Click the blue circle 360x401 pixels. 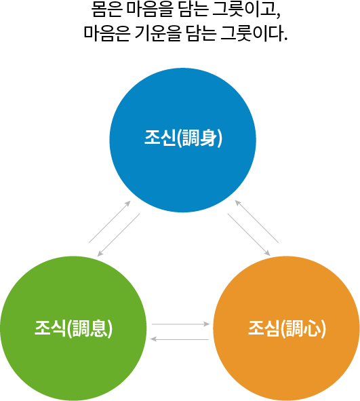coord(182,140)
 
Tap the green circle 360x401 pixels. coord(73,328)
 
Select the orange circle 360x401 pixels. coord(286,328)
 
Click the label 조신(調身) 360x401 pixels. coord(183,138)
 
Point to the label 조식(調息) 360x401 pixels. coord(74,328)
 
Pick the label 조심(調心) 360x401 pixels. coord(287,328)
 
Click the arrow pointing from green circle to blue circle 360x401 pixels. coord(110,221)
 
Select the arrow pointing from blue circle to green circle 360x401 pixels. coord(119,235)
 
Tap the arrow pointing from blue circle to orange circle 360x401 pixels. coord(249,235)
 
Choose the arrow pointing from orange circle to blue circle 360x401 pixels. coord(256,221)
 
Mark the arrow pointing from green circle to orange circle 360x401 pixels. coord(180,324)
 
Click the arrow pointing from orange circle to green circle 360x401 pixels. coord(180,339)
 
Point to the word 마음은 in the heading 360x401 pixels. coord(106,33)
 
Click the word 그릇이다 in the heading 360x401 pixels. coord(254,33)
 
